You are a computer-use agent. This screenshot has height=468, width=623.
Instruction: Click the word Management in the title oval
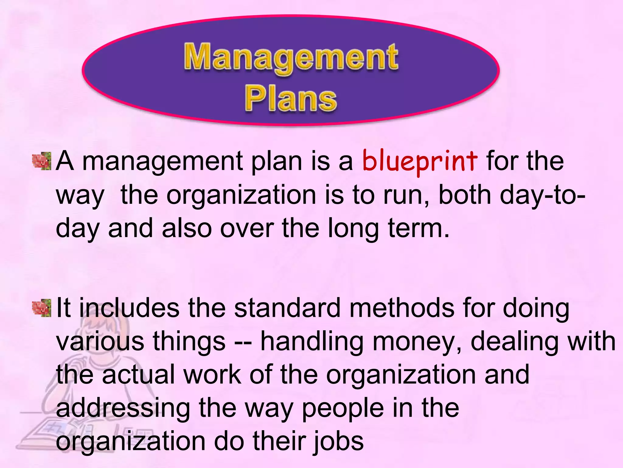tap(291, 57)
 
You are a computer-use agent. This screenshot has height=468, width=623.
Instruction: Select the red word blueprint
tap(419, 161)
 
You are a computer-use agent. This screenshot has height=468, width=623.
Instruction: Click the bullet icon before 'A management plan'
tap(42, 161)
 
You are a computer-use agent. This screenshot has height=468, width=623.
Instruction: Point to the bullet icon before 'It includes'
tap(42, 308)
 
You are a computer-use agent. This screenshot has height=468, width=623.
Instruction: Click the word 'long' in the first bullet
tap(353, 229)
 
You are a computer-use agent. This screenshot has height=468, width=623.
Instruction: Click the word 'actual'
tap(139, 375)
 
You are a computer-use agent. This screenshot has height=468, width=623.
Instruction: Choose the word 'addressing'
tap(123, 408)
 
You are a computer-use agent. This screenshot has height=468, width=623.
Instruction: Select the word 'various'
tap(100, 341)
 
